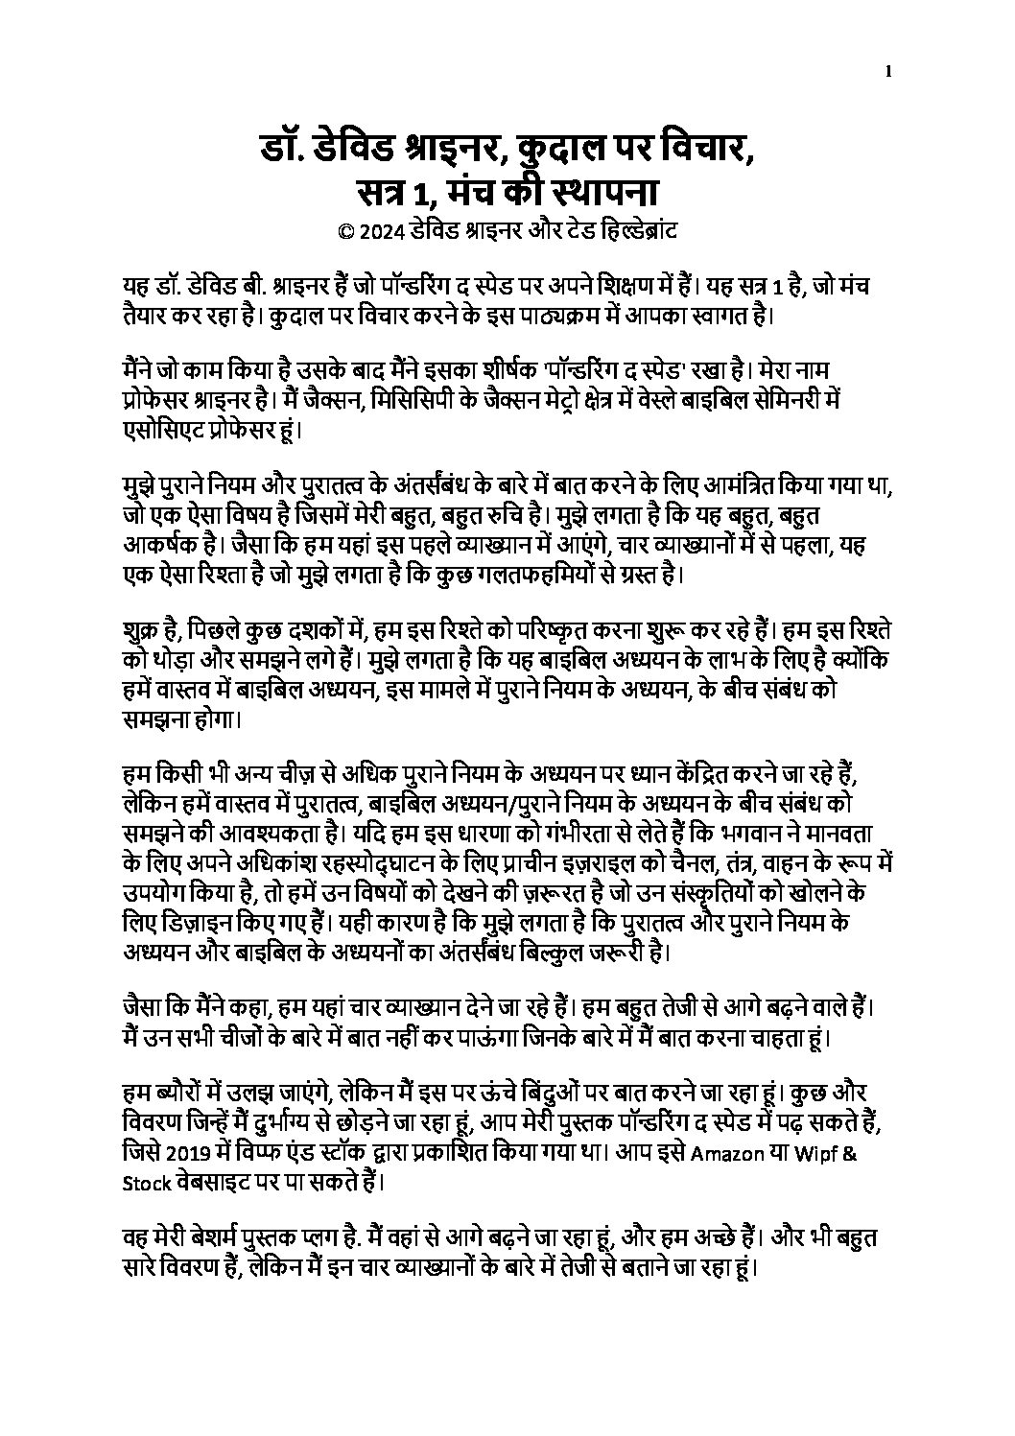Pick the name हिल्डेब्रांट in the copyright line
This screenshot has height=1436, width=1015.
pyautogui.click(x=635, y=230)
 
